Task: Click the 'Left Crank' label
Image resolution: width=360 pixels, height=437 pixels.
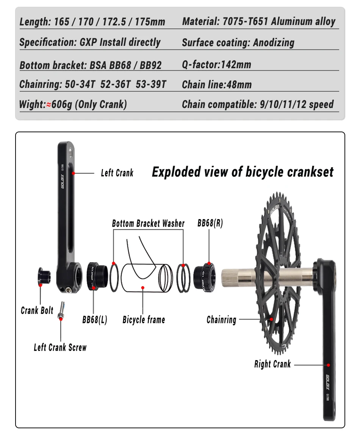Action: click(117, 173)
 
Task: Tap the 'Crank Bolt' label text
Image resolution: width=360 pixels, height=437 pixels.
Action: click(37, 310)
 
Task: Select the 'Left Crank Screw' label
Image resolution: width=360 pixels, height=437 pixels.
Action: click(60, 347)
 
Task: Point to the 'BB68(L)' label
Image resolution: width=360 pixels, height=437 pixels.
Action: click(95, 320)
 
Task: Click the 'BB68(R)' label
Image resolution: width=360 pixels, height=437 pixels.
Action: click(210, 223)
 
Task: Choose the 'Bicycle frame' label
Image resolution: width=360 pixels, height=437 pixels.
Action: click(144, 320)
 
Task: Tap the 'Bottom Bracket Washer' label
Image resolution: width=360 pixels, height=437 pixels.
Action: click(148, 223)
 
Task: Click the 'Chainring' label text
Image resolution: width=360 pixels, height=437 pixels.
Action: click(222, 320)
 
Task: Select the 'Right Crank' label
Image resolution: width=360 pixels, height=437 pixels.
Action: click(272, 364)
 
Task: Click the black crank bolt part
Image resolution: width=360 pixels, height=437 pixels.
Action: click(44, 276)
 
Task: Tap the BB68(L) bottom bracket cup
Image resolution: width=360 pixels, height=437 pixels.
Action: click(97, 276)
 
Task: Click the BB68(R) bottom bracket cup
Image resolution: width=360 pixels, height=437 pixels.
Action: click(205, 278)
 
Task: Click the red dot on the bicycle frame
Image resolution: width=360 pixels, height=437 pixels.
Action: click(142, 288)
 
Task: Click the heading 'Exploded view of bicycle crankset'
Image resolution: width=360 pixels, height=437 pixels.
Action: click(243, 172)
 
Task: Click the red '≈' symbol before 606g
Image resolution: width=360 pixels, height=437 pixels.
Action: click(49, 105)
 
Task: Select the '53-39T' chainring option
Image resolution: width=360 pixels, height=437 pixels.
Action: click(151, 84)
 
